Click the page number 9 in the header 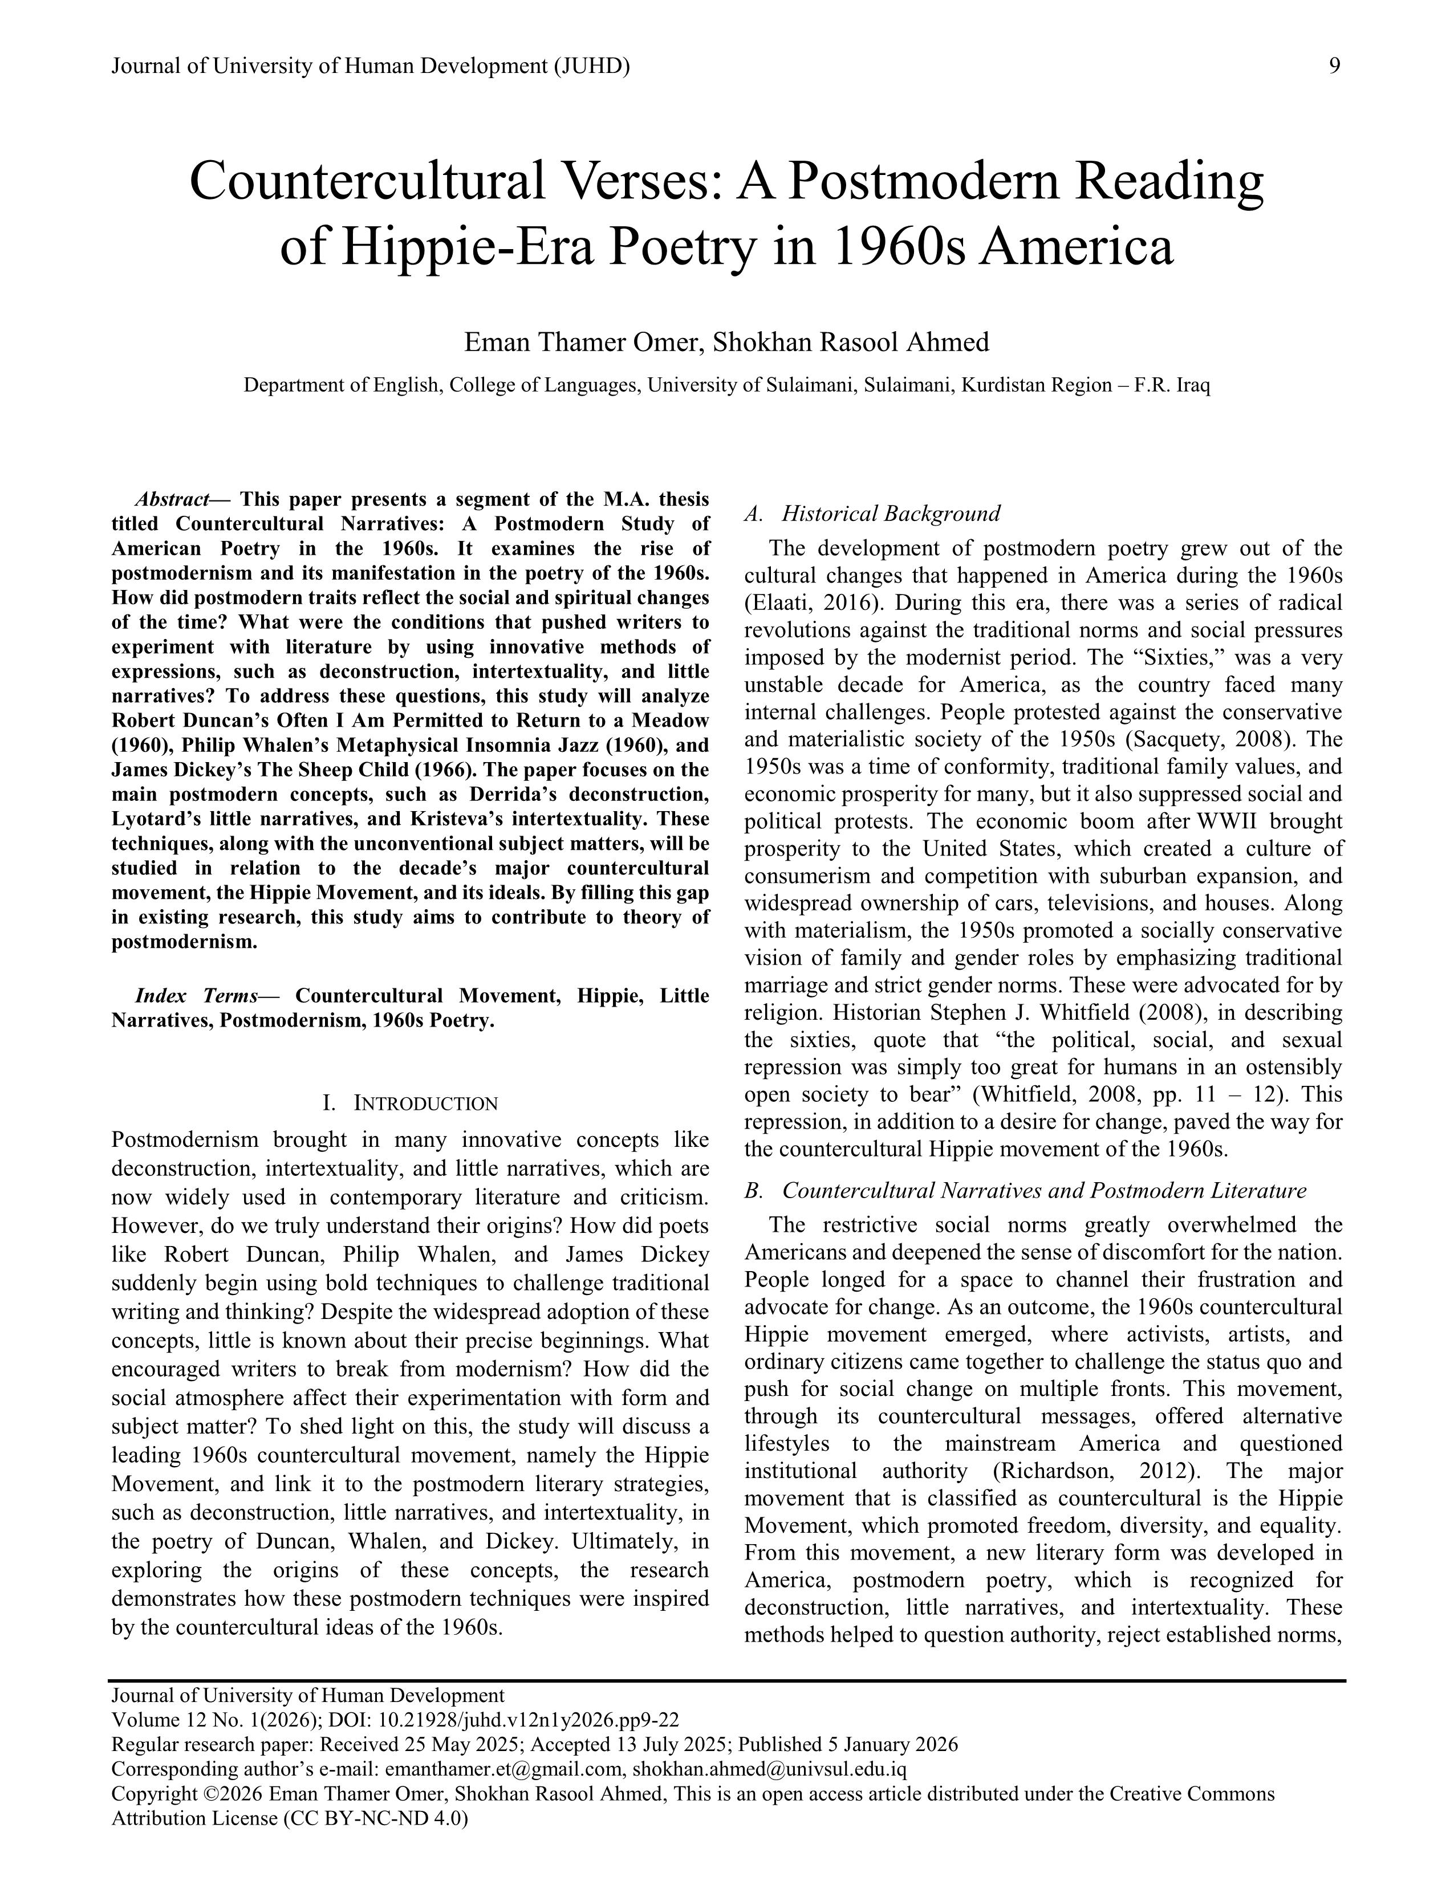pyautogui.click(x=1334, y=66)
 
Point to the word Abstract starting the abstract pyautogui.click(x=172, y=499)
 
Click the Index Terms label pyautogui.click(x=196, y=996)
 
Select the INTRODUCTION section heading pyautogui.click(x=409, y=1104)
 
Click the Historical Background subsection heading pyautogui.click(x=891, y=514)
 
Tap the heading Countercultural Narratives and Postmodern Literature pyautogui.click(x=1044, y=1191)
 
